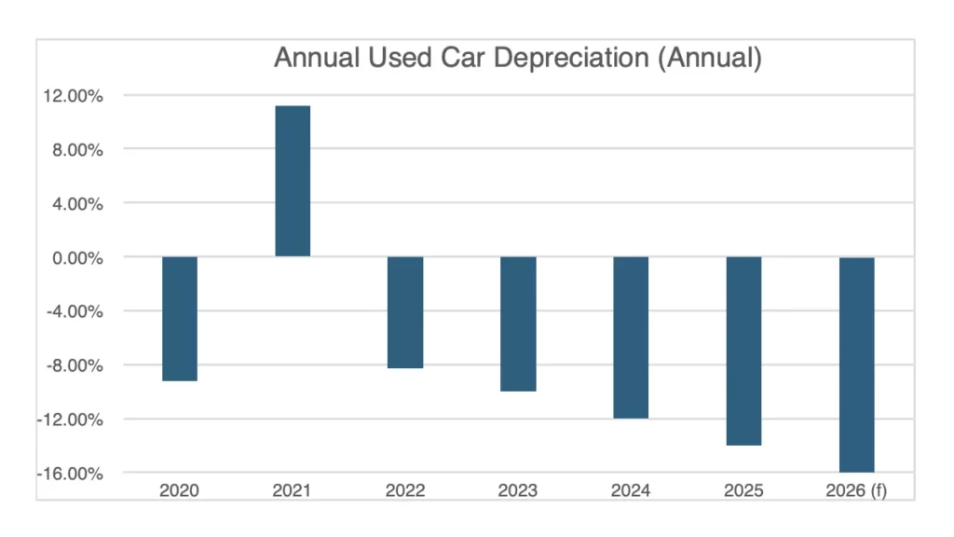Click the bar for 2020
(180, 318)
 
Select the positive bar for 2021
(293, 181)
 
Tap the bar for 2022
(405, 312)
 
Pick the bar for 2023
(518, 324)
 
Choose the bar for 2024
(631, 337)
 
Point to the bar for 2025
(743, 351)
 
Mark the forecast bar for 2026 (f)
(856, 365)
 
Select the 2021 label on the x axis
(293, 491)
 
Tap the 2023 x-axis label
(518, 491)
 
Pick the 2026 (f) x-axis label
(856, 491)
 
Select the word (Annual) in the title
(713, 59)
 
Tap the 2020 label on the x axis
(180, 491)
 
